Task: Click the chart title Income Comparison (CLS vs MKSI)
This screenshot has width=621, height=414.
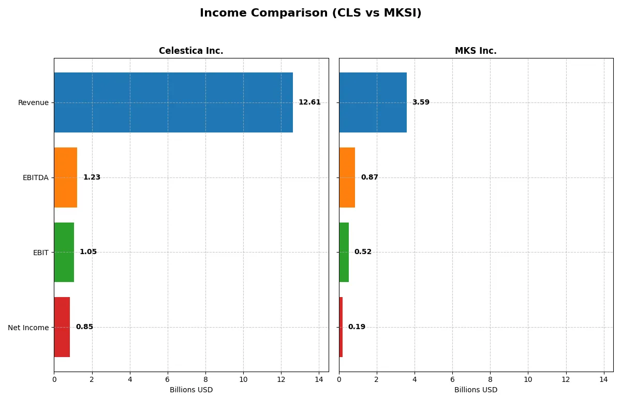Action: [310, 13]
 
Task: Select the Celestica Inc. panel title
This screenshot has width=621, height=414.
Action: [191, 51]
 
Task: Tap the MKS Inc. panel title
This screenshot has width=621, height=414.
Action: [476, 51]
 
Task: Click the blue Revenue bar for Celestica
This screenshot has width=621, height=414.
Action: [173, 102]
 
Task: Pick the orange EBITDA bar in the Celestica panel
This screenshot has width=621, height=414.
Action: [66, 178]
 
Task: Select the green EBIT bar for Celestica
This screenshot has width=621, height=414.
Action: [64, 252]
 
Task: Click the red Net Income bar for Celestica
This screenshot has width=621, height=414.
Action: [62, 327]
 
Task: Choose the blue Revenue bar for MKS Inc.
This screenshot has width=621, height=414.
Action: [373, 102]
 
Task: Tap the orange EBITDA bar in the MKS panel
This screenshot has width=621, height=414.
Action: [347, 178]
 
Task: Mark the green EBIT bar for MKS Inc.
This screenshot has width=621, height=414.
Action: [344, 252]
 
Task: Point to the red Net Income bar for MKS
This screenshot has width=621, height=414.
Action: [341, 327]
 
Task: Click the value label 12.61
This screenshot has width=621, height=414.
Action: [309, 102]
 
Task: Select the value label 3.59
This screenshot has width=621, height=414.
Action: [421, 102]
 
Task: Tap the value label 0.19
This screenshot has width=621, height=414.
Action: [357, 327]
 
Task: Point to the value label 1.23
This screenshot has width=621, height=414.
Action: [92, 178]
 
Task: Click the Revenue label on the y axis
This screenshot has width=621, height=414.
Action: [33, 102]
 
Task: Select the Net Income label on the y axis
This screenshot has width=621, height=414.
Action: [28, 328]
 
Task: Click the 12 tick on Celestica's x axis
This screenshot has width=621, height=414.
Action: [281, 379]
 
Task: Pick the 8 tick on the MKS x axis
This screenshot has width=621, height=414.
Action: [490, 379]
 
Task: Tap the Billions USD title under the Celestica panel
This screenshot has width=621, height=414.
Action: [191, 390]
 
